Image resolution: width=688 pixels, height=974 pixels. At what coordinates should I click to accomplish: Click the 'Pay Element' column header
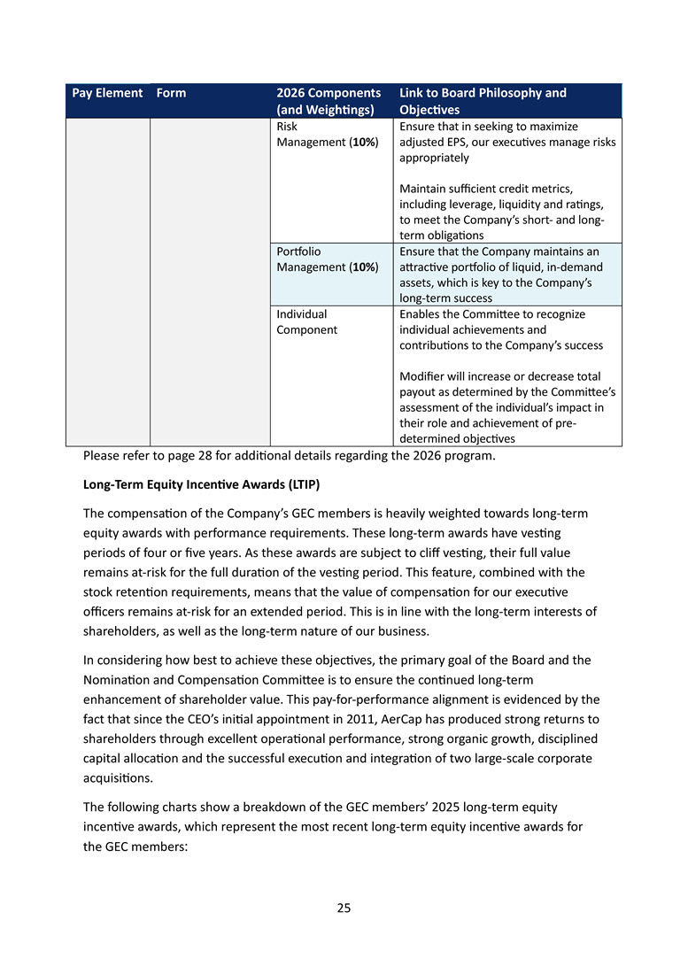pyautogui.click(x=107, y=93)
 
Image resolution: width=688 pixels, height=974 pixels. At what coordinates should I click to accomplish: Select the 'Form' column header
pyautogui.click(x=171, y=93)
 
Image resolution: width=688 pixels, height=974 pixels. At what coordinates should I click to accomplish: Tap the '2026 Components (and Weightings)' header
pyautogui.click(x=329, y=101)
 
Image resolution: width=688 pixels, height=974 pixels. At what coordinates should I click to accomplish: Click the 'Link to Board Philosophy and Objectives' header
pyautogui.click(x=483, y=101)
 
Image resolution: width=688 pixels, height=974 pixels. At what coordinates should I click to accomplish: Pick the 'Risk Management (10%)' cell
pyautogui.click(x=328, y=135)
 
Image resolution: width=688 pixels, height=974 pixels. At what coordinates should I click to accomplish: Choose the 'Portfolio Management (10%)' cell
pyautogui.click(x=328, y=259)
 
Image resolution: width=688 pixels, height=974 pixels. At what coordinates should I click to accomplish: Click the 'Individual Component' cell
pyautogui.click(x=307, y=322)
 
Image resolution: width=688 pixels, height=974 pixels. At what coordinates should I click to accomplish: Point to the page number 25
pyautogui.click(x=344, y=908)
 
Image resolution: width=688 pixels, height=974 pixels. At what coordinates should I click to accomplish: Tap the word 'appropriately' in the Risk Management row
pyautogui.click(x=434, y=158)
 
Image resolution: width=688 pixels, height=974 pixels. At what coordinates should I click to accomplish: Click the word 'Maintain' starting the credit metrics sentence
pyautogui.click(x=422, y=189)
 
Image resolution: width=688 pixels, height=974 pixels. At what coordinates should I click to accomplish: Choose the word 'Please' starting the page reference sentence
pyautogui.click(x=101, y=457)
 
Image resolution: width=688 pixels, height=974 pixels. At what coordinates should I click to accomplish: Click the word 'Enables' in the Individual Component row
pyautogui.click(x=421, y=314)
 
